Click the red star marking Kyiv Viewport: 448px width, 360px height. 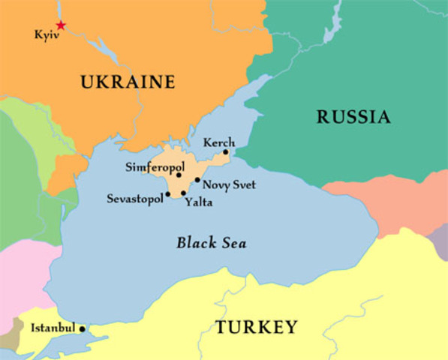pyautogui.click(x=61, y=25)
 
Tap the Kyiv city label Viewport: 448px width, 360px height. pyautogui.click(x=46, y=34)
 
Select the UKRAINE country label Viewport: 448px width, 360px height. pyautogui.click(x=128, y=82)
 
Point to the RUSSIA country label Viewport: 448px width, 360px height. pyautogui.click(x=353, y=117)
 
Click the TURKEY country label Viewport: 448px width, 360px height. pyautogui.click(x=257, y=327)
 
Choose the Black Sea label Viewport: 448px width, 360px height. pyautogui.click(x=211, y=243)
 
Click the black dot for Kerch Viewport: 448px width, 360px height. pyautogui.click(x=225, y=151)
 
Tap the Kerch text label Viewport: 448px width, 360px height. pyautogui.click(x=219, y=142)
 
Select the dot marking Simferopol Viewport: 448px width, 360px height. pyautogui.click(x=179, y=175)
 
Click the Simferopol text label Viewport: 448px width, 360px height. pyautogui.click(x=155, y=166)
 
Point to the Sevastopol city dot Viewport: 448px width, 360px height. pyautogui.click(x=168, y=194)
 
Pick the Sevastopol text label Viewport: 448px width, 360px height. pyautogui.click(x=134, y=199)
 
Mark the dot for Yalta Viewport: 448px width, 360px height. pyautogui.click(x=183, y=193)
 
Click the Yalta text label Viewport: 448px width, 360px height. pyautogui.click(x=198, y=202)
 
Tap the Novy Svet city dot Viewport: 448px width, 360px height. pyautogui.click(x=197, y=180)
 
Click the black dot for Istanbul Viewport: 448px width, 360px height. pyautogui.click(x=82, y=328)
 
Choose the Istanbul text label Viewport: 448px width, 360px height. pyautogui.click(x=53, y=328)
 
